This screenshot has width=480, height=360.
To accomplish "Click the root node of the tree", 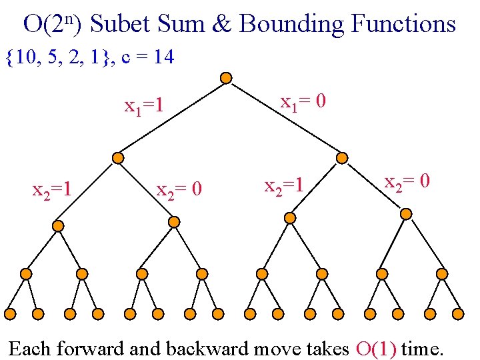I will tap(226, 78).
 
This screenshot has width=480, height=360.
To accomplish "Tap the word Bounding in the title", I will tap(291, 24).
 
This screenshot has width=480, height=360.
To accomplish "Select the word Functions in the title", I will tap(403, 24).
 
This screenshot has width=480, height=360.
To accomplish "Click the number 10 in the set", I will tap(26, 58).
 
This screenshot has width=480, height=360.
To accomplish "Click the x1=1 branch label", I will tap(145, 106).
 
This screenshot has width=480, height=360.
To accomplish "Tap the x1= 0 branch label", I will tap(303, 103).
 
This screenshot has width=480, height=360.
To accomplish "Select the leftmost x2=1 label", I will tap(52, 191).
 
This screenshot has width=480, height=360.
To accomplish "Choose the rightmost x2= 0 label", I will tap(407, 181).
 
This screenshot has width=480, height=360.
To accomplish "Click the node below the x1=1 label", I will tap(117, 158).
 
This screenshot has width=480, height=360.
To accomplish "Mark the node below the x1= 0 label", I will tap(342, 158).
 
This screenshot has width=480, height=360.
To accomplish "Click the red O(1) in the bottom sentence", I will tap(377, 348).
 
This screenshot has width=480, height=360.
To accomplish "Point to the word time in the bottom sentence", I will tap(423, 348).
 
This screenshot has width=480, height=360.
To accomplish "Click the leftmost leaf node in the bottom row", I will tap(10, 313).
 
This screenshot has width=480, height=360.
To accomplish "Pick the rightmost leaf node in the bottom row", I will tap(458, 313).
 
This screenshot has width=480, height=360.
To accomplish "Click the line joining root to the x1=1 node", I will tap(171, 118).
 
